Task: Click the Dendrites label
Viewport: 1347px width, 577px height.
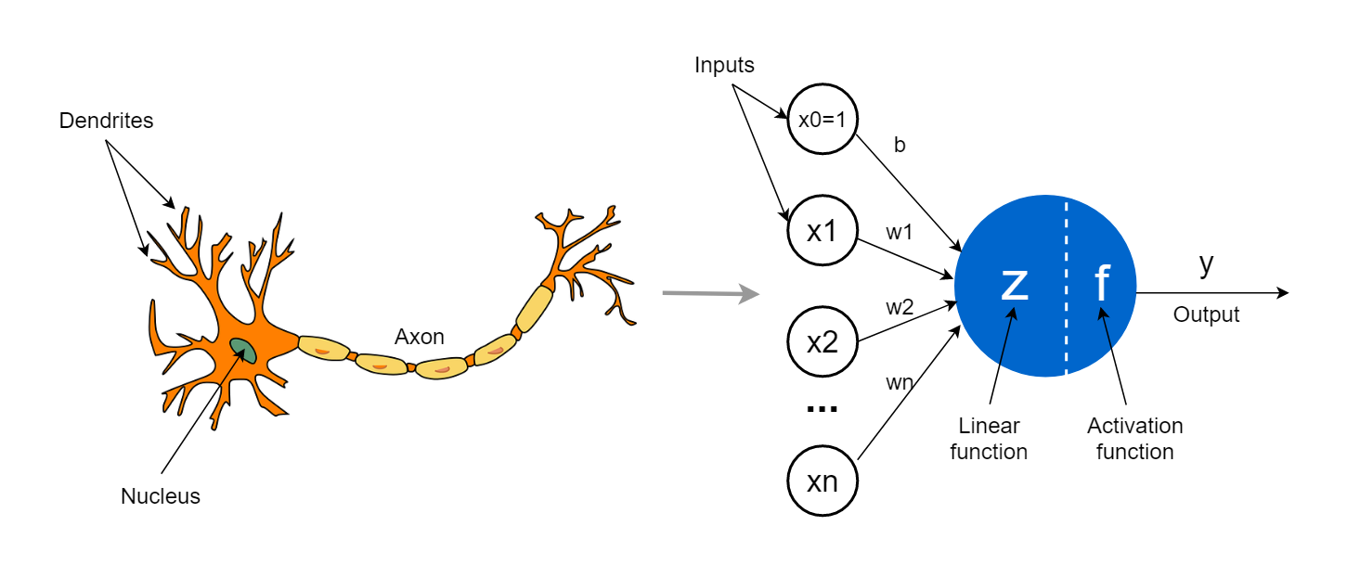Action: (106, 121)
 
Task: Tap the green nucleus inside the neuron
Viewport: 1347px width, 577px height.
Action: (243, 350)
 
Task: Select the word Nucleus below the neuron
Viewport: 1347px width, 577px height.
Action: (161, 496)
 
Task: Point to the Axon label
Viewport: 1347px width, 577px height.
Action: (420, 337)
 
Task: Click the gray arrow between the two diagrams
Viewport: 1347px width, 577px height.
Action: (710, 295)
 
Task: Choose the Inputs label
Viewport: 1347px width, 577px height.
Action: (725, 66)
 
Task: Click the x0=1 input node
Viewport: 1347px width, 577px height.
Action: (822, 120)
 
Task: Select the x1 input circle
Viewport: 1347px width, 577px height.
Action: (822, 231)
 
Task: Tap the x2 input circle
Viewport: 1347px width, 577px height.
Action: (822, 342)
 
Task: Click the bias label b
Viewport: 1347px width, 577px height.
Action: (899, 146)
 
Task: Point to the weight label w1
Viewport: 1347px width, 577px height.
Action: (899, 233)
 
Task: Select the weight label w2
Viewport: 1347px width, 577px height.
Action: (899, 308)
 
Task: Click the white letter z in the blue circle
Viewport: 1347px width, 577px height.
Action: (1015, 284)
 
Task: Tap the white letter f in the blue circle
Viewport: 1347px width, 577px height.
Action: (1102, 283)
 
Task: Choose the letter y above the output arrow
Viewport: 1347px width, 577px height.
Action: (1206, 264)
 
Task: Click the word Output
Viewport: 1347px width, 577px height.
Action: (1206, 315)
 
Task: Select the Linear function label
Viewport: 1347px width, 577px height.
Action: (989, 439)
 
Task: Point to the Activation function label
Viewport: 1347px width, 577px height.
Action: (1134, 439)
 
